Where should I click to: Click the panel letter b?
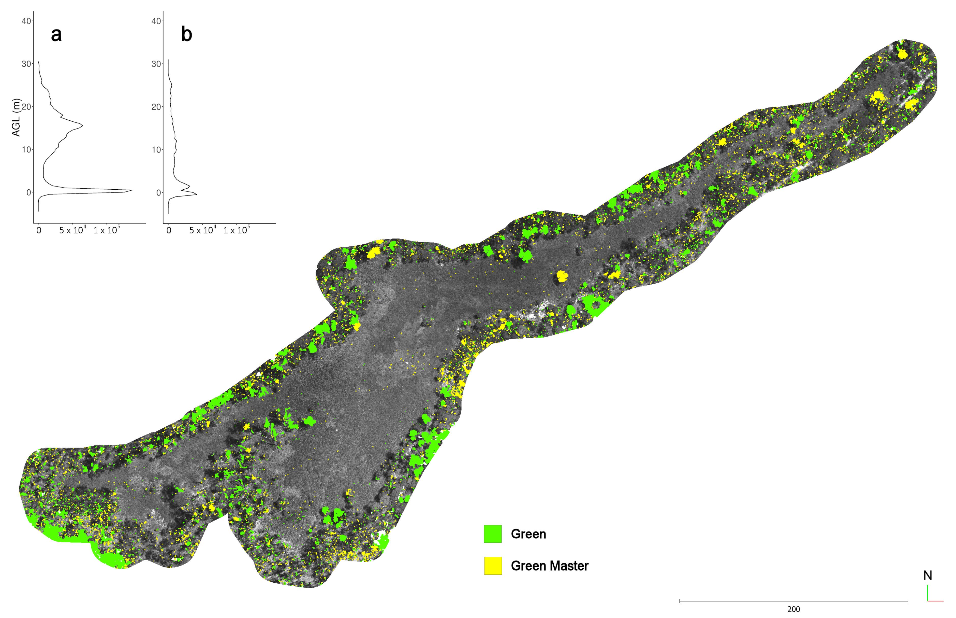point(186,34)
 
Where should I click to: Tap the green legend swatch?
point(492,534)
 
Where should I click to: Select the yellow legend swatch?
point(492,565)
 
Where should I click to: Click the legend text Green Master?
point(549,566)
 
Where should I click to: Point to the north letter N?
point(928,575)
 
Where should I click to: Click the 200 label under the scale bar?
point(793,609)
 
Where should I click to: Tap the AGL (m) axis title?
point(16,117)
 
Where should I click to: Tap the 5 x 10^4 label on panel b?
point(202,230)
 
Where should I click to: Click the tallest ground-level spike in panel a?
point(131,190)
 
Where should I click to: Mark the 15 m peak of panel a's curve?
point(82,125)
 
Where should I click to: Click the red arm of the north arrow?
point(936,601)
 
